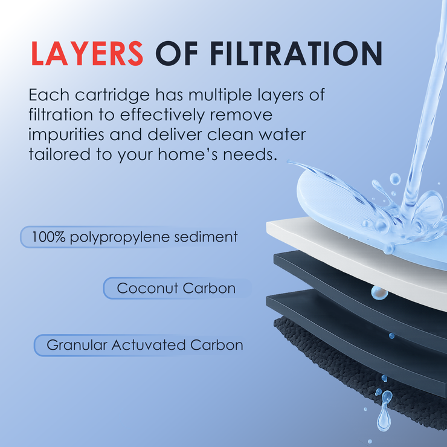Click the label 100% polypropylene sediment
(135, 237)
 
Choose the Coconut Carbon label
(176, 288)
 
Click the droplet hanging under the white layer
(379, 292)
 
